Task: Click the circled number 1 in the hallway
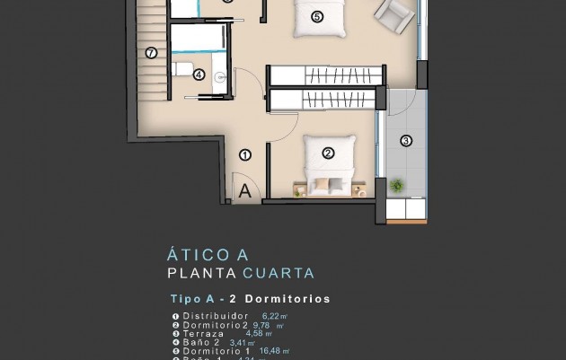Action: [x=244, y=154]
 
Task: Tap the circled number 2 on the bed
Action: [x=328, y=153]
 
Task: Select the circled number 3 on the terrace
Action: [x=405, y=140]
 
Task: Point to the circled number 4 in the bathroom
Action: [x=199, y=75]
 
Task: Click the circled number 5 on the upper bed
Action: [x=316, y=16]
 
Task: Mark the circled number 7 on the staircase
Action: [x=150, y=52]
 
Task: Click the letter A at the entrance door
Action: [x=243, y=189]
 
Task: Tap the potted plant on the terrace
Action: [x=397, y=185]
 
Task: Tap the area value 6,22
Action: [x=271, y=316]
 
